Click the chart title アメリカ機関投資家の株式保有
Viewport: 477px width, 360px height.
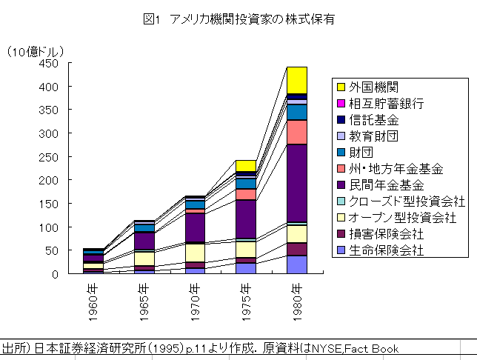(x=238, y=20)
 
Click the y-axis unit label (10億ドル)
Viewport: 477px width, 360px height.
(x=36, y=51)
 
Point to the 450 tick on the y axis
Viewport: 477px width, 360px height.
(x=49, y=64)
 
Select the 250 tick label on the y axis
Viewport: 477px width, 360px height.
(x=49, y=157)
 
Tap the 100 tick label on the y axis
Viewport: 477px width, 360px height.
(x=49, y=227)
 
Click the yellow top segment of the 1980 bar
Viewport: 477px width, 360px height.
(x=297, y=80)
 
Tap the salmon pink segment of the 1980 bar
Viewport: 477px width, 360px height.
(x=297, y=132)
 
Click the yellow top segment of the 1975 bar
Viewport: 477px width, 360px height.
(x=246, y=165)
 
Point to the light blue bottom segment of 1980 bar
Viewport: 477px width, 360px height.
(x=297, y=264)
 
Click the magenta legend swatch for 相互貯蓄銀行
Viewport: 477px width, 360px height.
(x=341, y=103)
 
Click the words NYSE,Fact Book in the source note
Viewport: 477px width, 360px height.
(x=357, y=348)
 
